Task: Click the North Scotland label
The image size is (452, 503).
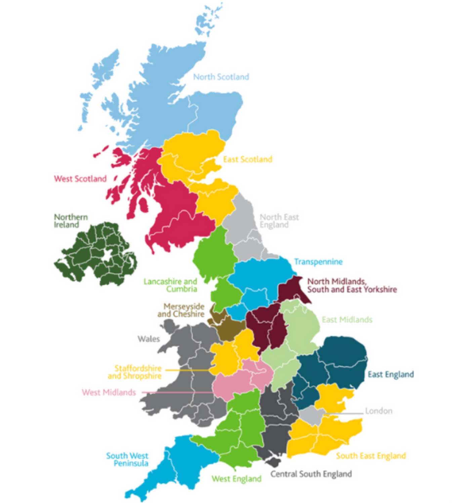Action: pos(221,77)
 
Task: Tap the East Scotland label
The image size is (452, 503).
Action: pos(248,159)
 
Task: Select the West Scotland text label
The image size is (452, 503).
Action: pos(80,179)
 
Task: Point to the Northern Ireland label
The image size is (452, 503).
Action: pos(71,221)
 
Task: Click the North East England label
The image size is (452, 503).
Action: pos(279,221)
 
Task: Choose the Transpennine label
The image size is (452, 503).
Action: pos(318,262)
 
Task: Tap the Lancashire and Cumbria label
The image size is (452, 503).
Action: pos(170,285)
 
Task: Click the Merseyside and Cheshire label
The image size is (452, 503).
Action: pos(181,310)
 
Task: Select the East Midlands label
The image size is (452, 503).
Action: pos(347,320)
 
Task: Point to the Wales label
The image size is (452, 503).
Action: pos(149,339)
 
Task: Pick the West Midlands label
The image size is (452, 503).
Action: pos(109,392)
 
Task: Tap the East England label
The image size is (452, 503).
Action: pos(391,374)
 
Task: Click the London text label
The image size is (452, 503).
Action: pos(378,411)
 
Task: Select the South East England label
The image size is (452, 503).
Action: pos(371,456)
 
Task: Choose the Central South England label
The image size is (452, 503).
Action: pos(311,474)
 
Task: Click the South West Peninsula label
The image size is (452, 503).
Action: pos(128,459)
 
